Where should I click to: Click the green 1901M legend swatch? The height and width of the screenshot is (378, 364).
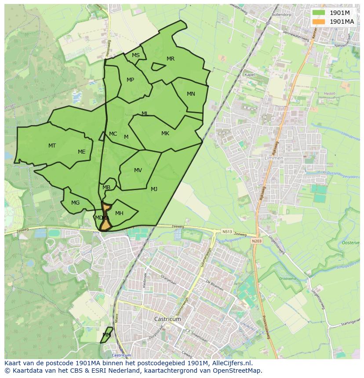click(319, 13)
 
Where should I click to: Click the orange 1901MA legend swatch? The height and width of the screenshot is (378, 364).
click(319, 22)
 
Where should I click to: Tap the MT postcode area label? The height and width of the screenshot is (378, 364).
click(52, 145)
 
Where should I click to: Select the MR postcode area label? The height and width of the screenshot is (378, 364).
click(171, 59)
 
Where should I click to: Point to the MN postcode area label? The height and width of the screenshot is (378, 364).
click(191, 94)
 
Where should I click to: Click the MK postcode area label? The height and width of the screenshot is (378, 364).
click(165, 133)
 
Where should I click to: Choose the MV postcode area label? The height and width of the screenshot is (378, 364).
click(138, 170)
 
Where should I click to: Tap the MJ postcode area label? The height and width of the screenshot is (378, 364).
click(154, 189)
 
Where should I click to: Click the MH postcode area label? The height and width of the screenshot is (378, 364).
click(119, 213)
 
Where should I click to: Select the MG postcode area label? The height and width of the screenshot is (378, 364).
click(76, 203)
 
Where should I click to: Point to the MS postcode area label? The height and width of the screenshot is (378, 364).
click(136, 55)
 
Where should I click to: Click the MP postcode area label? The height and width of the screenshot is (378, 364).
click(130, 80)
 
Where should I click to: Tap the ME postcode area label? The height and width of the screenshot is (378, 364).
click(81, 152)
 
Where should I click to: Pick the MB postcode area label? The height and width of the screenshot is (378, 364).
click(106, 187)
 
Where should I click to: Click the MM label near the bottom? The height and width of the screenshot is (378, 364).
click(106, 335)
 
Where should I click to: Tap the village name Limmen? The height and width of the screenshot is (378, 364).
click(274, 158)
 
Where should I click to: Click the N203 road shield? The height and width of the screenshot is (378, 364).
click(256, 241)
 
